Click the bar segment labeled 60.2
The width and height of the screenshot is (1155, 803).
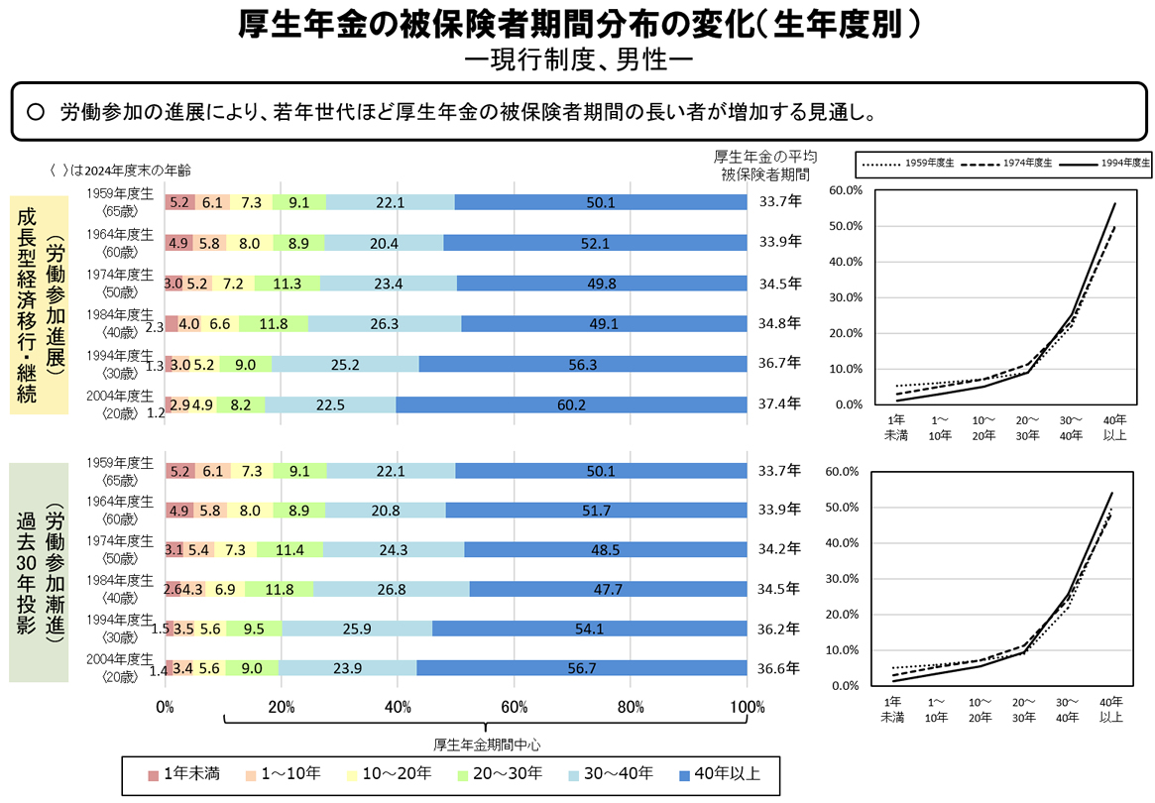click(x=571, y=403)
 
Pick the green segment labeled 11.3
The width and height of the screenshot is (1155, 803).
click(x=287, y=284)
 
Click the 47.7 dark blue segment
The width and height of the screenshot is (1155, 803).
click(x=607, y=589)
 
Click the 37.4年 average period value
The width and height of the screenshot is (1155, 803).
click(x=779, y=403)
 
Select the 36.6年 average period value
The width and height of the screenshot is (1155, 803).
click(x=779, y=668)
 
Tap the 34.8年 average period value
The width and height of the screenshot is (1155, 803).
click(x=779, y=323)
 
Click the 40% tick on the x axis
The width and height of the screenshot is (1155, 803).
click(x=398, y=708)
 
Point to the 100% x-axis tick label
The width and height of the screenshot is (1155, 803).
click(x=747, y=708)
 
